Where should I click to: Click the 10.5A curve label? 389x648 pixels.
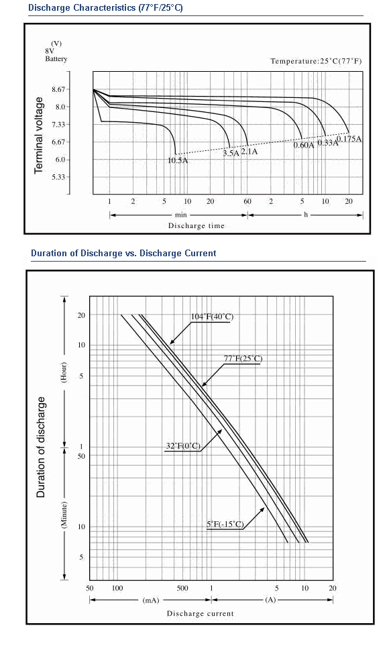[178, 160]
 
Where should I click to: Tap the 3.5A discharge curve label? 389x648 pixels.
[231, 154]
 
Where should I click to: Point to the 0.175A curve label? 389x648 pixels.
[349, 139]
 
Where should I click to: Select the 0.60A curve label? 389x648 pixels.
[304, 145]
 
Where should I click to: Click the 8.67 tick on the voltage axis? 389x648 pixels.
[58, 89]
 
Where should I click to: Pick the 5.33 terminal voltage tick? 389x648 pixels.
[58, 177]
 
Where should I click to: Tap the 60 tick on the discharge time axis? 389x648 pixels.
[247, 201]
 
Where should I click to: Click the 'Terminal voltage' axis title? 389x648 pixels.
[38, 136]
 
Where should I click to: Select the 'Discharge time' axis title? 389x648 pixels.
[197, 225]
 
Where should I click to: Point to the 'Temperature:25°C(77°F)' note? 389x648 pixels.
[317, 61]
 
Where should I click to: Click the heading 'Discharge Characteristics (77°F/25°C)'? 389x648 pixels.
[105, 8]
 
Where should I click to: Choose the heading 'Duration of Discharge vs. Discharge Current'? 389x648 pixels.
[123, 253]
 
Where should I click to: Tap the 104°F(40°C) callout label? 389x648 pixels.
[212, 317]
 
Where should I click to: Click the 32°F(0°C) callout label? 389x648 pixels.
[183, 446]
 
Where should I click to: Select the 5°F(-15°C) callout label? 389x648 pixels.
[225, 525]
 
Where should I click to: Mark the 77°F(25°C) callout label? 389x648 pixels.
[243, 358]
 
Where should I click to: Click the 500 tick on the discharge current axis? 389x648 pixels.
[182, 588]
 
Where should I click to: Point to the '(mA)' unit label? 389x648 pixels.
[150, 600]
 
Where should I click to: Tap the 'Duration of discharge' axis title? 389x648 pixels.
[40, 447]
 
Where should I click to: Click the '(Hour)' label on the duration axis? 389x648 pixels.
[64, 372]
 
